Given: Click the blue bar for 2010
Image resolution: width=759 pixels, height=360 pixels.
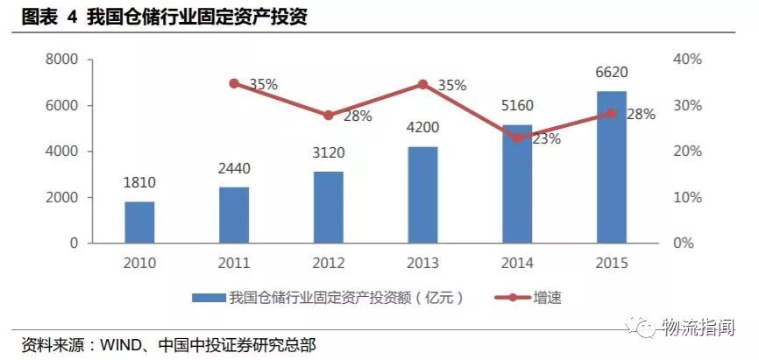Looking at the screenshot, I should coord(139,222).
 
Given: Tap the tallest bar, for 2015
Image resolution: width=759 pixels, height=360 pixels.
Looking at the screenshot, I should coord(612,166).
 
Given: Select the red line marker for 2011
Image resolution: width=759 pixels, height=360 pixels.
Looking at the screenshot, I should coord(234,83).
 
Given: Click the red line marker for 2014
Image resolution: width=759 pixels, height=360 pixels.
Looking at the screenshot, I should coord(517,138).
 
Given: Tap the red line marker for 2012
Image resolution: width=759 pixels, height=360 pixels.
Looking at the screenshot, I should coord(329,116).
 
